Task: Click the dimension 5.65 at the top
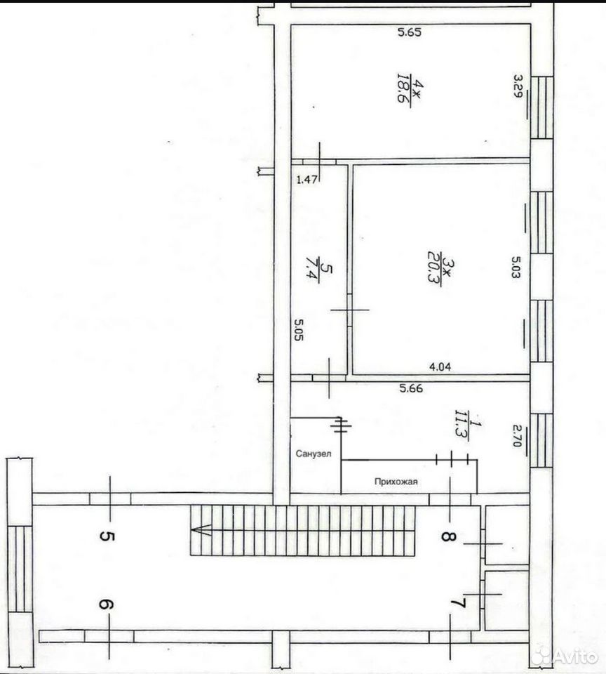410,32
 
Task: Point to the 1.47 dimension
307,180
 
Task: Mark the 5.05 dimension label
299,329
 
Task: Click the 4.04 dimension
440,367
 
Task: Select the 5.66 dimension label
411,388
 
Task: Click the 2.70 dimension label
517,435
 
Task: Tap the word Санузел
314,454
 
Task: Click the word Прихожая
396,482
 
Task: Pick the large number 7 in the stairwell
459,604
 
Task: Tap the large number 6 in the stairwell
107,604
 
